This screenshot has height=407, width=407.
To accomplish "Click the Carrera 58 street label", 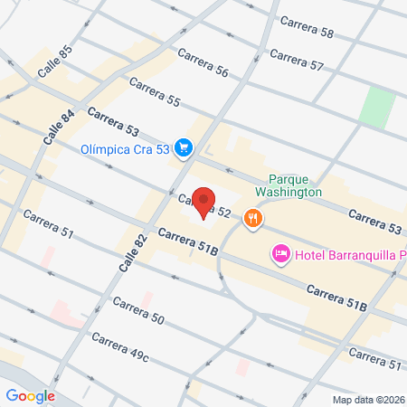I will pos(307,27).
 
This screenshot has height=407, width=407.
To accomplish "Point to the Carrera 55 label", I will pos(155,94).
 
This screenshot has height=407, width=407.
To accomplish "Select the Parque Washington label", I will pos(295,185).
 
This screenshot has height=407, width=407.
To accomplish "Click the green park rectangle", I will pos(375,108).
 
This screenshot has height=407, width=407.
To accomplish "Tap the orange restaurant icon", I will pos(255,217).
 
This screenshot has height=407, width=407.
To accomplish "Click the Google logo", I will pos(31,395).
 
